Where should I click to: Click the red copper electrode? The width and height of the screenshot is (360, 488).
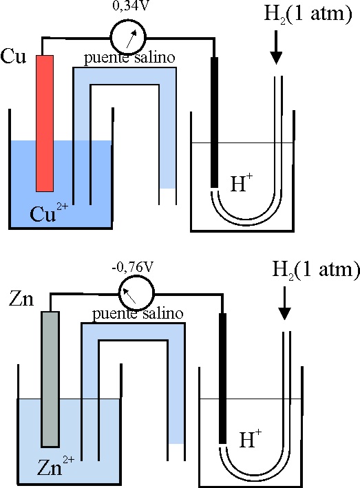(x=45, y=124)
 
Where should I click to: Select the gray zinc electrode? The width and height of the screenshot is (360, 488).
(x=50, y=379)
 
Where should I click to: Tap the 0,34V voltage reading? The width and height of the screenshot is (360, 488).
(x=129, y=6)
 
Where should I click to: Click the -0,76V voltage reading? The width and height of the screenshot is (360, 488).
(x=133, y=267)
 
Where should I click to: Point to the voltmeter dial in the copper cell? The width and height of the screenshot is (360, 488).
(x=128, y=37)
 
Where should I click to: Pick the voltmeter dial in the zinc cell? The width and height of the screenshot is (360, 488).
(x=136, y=293)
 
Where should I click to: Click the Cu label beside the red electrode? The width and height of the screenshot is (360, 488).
(x=13, y=56)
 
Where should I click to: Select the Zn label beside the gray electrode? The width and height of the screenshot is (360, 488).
(x=21, y=299)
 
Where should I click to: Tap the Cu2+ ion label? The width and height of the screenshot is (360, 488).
(x=49, y=211)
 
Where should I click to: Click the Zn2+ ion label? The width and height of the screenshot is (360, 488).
(x=56, y=466)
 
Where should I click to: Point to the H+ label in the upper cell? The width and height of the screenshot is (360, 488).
(x=242, y=182)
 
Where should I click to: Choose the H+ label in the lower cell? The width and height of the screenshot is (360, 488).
(x=251, y=438)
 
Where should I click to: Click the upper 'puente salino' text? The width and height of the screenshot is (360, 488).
(x=129, y=59)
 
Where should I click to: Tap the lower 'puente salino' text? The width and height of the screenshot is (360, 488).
(x=138, y=314)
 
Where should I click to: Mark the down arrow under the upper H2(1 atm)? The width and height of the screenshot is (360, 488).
(x=276, y=47)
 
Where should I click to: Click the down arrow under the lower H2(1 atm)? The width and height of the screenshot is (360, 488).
(x=284, y=303)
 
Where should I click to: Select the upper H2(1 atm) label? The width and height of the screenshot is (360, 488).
(x=308, y=14)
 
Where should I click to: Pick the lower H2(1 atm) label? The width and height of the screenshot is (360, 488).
(x=316, y=270)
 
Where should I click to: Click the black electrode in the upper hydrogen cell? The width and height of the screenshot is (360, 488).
(x=214, y=123)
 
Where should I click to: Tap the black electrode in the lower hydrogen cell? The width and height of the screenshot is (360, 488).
(x=222, y=378)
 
